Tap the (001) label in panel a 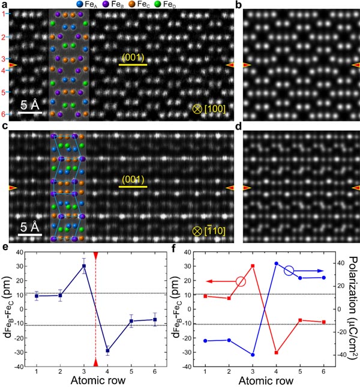(x=133, y=57)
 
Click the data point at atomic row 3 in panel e (x=84, y=266)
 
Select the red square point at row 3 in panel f (x=253, y=266)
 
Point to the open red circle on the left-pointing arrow (x=241, y=281)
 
